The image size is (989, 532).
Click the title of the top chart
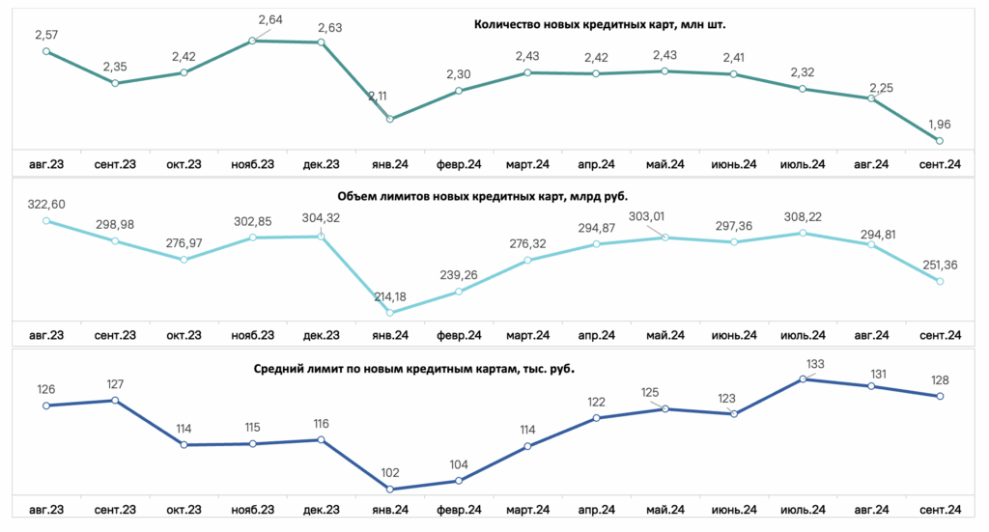point(600,24)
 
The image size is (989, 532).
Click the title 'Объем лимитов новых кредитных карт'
point(483,197)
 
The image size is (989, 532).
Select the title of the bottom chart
point(413,369)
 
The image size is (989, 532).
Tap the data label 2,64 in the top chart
point(270,20)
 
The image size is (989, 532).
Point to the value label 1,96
point(939,125)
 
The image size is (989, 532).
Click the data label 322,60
point(46,205)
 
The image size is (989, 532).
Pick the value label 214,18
point(390,296)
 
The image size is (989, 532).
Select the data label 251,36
point(940,266)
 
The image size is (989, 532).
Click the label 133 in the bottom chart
point(815,364)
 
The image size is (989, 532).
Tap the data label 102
point(390,473)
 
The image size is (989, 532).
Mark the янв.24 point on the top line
point(390,119)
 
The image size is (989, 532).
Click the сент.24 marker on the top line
point(940,141)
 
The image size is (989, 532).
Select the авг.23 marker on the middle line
point(46,221)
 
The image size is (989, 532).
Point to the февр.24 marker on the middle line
point(459,292)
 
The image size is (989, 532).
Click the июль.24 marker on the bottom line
point(803,379)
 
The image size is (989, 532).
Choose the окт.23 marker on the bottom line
point(184,445)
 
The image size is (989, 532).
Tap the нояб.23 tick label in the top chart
point(252,164)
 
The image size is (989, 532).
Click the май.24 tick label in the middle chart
point(664,335)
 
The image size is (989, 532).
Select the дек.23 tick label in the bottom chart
point(321,510)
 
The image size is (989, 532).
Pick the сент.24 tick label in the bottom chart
point(940,510)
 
